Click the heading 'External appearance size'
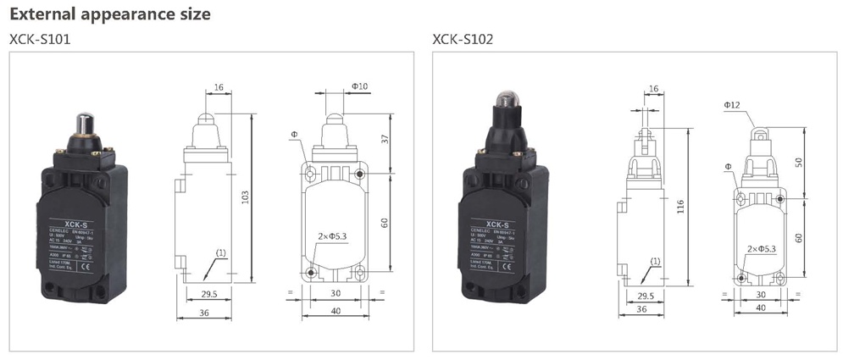click(x=109, y=14)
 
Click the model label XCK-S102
click(x=463, y=39)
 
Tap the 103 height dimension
click(x=246, y=197)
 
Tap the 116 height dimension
click(x=681, y=206)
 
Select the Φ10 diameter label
click(x=359, y=86)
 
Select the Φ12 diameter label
click(x=733, y=104)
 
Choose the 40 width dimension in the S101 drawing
click(x=336, y=310)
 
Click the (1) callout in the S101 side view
click(x=220, y=253)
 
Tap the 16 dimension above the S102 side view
click(x=652, y=89)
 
